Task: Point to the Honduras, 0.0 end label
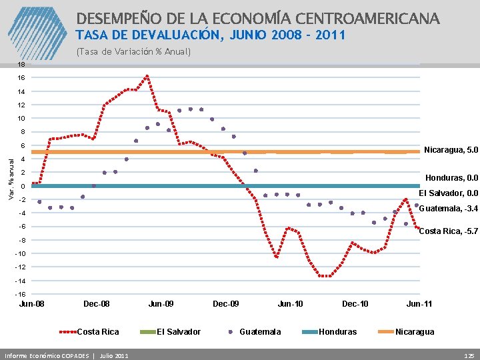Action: pyautogui.click(x=452, y=178)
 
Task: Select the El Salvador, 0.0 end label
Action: pyautogui.click(x=449, y=193)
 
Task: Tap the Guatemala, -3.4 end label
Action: pyautogui.click(x=448, y=209)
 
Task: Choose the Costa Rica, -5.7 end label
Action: pyautogui.click(x=448, y=231)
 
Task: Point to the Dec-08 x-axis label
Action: pyautogui.click(x=97, y=304)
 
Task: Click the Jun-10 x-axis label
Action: pyautogui.click(x=290, y=304)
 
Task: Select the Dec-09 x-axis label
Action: pyautogui.click(x=226, y=304)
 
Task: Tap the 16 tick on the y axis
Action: pyautogui.click(x=22, y=78)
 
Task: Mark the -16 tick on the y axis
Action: pyautogui.click(x=21, y=294)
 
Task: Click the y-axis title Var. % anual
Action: pyautogui.click(x=11, y=177)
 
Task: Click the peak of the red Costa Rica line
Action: pyautogui.click(x=147, y=76)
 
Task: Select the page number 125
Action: pyautogui.click(x=469, y=355)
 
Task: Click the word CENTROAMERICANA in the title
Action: pyautogui.click(x=359, y=18)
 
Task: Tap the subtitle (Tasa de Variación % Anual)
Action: pyautogui.click(x=133, y=51)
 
